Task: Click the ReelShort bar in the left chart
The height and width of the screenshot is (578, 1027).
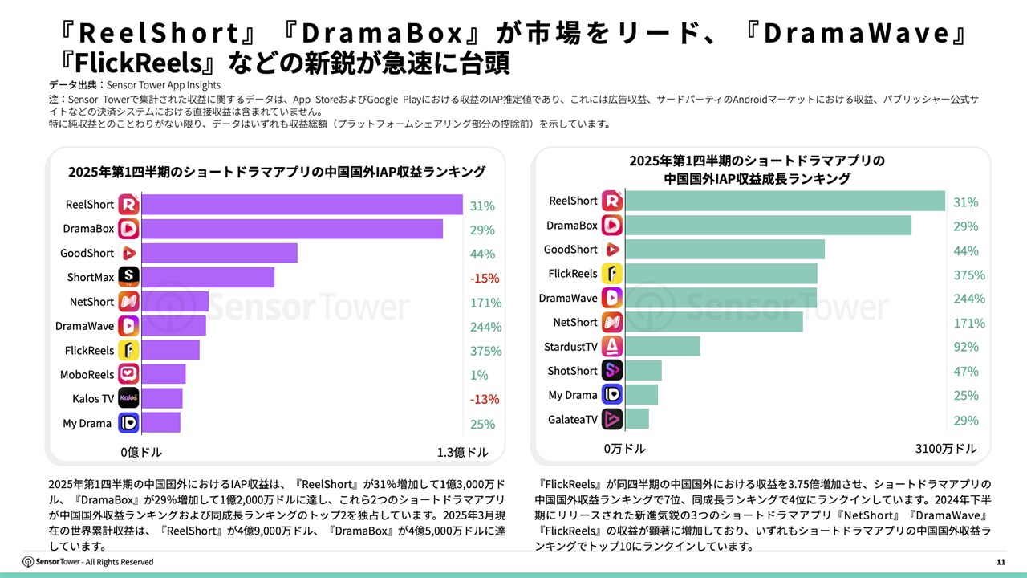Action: coord(302,205)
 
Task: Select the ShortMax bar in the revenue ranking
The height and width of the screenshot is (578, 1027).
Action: coord(208,278)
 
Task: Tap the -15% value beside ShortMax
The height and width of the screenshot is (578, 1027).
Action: coord(485,279)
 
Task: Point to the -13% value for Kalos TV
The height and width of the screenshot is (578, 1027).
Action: coord(485,399)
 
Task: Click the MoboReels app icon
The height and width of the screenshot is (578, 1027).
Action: coord(128,374)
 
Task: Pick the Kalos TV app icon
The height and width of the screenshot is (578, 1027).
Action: coord(128,398)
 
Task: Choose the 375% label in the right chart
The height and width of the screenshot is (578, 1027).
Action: coord(968,275)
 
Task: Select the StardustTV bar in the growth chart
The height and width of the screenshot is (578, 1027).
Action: coord(663,346)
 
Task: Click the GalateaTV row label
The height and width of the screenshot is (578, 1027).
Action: coord(573,419)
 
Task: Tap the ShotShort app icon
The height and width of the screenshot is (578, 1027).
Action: coord(612,370)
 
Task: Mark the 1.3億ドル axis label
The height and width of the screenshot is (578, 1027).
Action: coord(462,452)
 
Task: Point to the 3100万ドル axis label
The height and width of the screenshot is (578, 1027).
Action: coord(946,448)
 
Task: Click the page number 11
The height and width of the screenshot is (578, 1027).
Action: coord(1001,562)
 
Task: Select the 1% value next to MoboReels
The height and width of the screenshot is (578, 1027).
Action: coord(480,375)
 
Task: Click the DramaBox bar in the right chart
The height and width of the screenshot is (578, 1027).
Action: coord(768,226)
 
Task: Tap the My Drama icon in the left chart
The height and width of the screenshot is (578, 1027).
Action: coord(128,422)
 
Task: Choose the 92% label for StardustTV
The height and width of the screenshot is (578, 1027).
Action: coord(965,347)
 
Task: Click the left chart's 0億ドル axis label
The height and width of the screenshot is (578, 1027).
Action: coord(141,452)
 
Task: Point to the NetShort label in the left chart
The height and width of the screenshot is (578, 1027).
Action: coord(91,302)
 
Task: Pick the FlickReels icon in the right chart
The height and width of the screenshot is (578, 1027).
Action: coord(612,274)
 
